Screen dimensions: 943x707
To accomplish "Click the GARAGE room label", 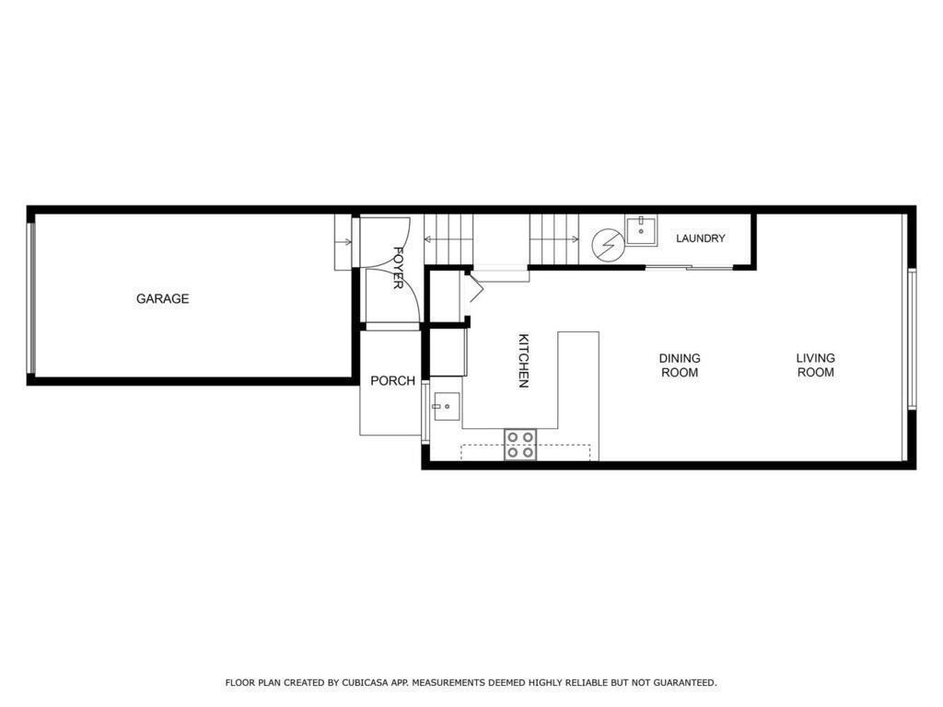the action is tap(162, 299).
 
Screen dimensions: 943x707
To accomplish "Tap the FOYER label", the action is tap(398, 268).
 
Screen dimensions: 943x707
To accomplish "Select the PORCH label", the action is tap(392, 380).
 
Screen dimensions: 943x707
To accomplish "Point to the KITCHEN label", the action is tap(524, 361).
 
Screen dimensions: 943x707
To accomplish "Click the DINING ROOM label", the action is tap(680, 365).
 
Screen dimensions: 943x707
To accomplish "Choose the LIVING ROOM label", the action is tap(816, 365).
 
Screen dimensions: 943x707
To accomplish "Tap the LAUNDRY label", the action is tap(701, 238).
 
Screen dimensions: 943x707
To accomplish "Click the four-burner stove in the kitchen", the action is tap(520, 445).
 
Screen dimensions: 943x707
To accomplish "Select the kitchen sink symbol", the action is tap(446, 407).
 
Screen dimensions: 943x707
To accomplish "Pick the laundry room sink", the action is tap(642, 229).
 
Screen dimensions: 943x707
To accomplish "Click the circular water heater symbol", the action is tap(607, 245).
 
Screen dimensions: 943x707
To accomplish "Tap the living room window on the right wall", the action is tap(912, 339).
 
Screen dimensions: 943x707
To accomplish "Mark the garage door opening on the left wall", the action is tap(31, 298).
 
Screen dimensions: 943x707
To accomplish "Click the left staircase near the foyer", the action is tap(448, 239).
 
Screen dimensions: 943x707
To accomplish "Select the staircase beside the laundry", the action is tap(553, 239).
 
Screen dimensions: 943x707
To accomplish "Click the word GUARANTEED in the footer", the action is tap(685, 682).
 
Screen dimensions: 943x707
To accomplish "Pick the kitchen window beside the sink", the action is tap(425, 412).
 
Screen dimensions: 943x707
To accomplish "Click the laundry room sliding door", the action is tap(689, 266).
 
